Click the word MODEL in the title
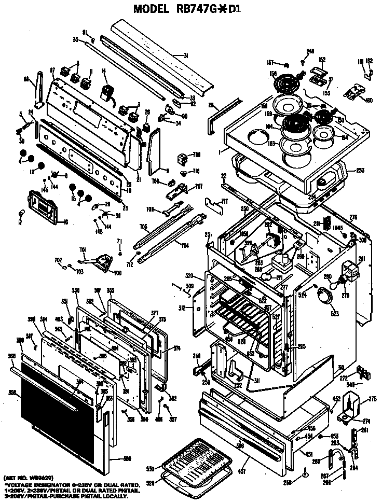(x=151, y=9)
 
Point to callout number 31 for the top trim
(x=185, y=55)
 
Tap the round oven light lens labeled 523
(x=325, y=297)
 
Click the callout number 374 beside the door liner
(x=176, y=348)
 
